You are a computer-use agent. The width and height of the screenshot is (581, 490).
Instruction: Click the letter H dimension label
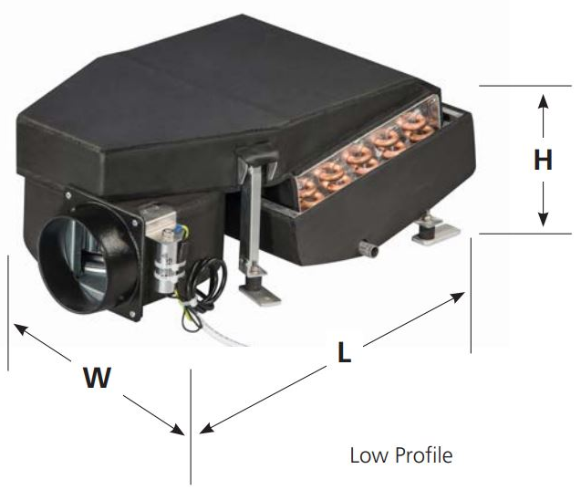pyautogui.click(x=543, y=161)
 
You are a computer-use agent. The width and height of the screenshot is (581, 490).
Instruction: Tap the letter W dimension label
pyautogui.click(x=97, y=378)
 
